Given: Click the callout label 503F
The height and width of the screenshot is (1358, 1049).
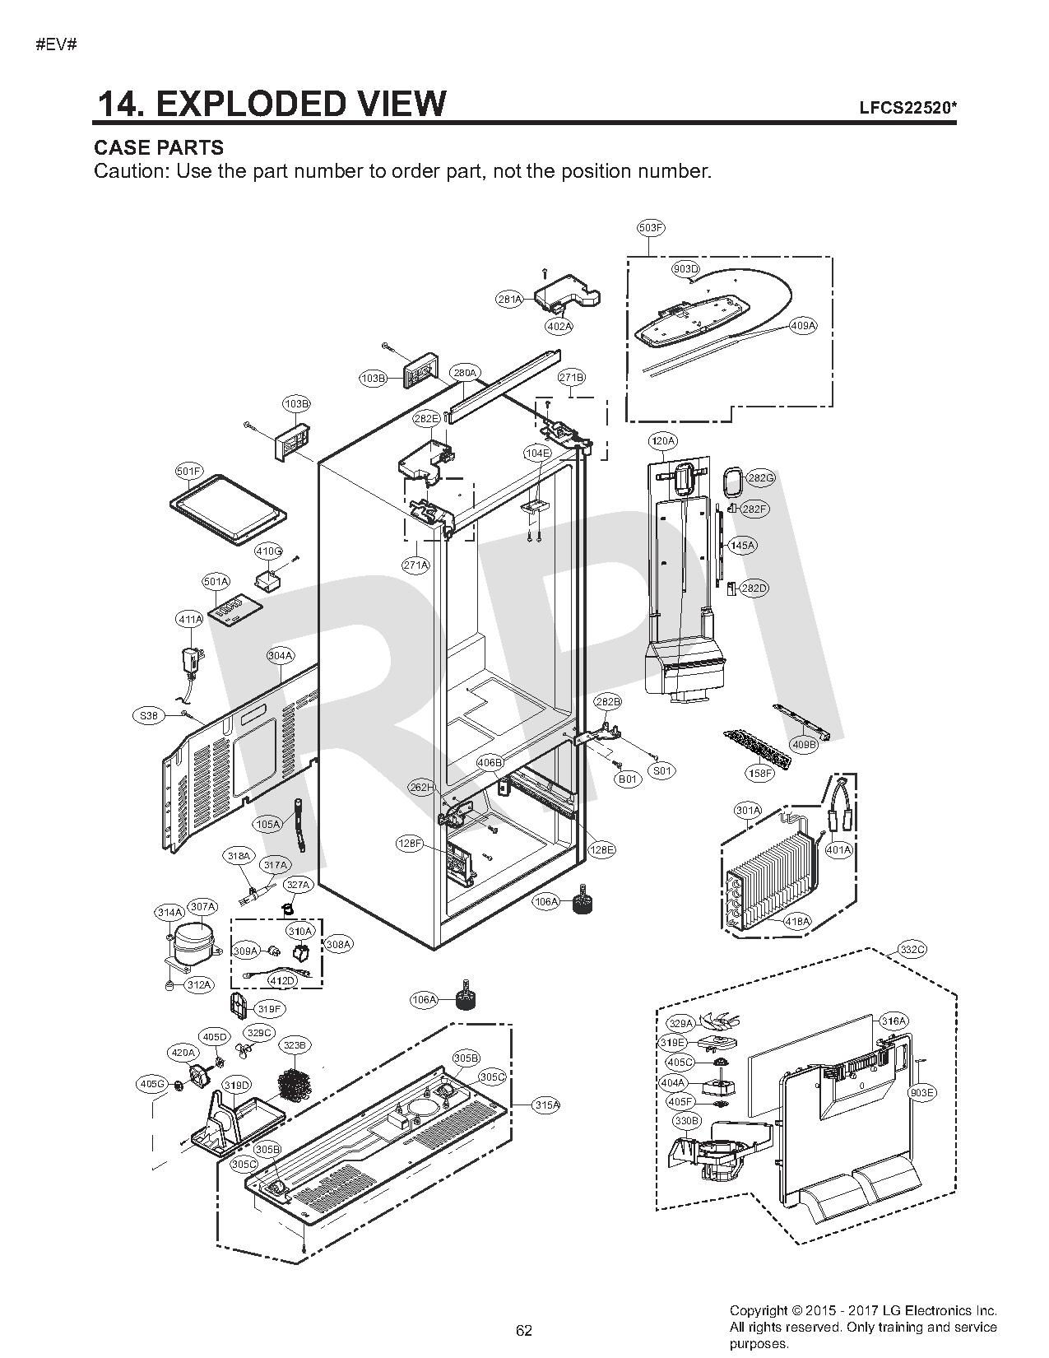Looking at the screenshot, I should pyautogui.click(x=651, y=227).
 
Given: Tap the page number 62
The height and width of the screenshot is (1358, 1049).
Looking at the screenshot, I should pyautogui.click(x=524, y=1330).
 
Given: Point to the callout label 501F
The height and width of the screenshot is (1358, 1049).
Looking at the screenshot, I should pyautogui.click(x=188, y=472).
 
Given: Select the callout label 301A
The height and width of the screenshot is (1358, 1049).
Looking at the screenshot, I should pyautogui.click(x=748, y=811).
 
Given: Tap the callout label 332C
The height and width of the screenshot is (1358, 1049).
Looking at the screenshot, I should pyautogui.click(x=912, y=950).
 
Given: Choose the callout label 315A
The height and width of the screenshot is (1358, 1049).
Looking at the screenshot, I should pyautogui.click(x=546, y=1105).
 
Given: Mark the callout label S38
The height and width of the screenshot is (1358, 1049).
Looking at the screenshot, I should pyautogui.click(x=148, y=716).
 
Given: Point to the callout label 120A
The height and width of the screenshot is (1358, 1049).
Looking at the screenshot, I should pyautogui.click(x=663, y=441).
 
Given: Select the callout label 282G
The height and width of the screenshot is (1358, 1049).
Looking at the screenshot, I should pyautogui.click(x=759, y=478).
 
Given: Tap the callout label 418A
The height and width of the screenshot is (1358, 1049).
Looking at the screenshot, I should pyautogui.click(x=796, y=921).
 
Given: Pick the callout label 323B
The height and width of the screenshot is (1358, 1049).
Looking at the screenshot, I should pyautogui.click(x=294, y=1045).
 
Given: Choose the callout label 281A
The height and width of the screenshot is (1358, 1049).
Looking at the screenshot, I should pyautogui.click(x=509, y=300).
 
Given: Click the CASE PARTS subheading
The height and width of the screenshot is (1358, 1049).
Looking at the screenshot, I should pyautogui.click(x=159, y=148).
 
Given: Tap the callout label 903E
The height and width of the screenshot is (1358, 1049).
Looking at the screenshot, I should pyautogui.click(x=922, y=1093).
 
